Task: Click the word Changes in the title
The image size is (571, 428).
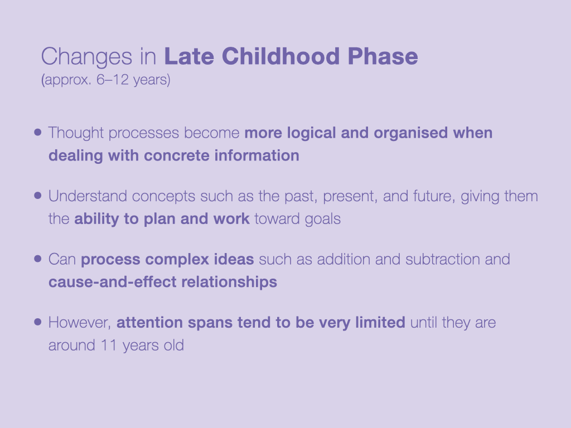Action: tap(86, 57)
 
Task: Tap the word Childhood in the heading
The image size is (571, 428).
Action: tap(281, 56)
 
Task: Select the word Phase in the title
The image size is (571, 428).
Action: tap(383, 56)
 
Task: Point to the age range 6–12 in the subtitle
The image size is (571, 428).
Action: tap(113, 79)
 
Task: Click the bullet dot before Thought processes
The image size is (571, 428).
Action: tap(37, 132)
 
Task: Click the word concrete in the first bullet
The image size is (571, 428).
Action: tap(177, 155)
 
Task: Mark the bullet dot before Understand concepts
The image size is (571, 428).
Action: tap(37, 196)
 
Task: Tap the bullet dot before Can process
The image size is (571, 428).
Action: tap(37, 259)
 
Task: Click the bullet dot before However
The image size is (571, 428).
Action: tap(37, 322)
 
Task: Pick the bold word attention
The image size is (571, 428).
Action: tap(149, 323)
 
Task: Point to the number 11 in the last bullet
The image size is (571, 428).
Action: tap(109, 346)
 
